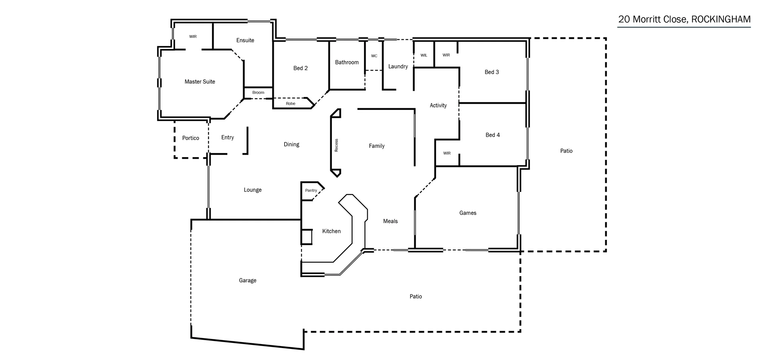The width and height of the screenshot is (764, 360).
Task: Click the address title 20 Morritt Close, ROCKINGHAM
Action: [x=684, y=19]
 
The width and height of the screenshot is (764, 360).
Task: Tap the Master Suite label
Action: [x=200, y=82]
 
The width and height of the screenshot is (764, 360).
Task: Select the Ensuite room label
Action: [x=245, y=40]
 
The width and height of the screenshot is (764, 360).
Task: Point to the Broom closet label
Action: [x=258, y=93]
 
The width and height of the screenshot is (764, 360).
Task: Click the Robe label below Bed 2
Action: [x=290, y=104]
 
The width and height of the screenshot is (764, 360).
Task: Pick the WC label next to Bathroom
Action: [x=374, y=56]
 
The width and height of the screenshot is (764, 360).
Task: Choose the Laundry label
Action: [x=398, y=66]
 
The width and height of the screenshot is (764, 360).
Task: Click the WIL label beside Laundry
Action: [x=424, y=55]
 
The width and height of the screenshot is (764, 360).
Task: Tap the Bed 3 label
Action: [x=491, y=72]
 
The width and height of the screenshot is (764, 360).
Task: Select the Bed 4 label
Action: [x=493, y=135]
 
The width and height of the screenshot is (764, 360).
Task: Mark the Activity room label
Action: [x=438, y=105]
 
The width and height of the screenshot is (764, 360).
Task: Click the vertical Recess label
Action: [x=336, y=145]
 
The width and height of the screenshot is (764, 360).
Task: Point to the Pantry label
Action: [x=311, y=191]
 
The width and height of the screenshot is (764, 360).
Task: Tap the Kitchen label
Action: [x=331, y=231]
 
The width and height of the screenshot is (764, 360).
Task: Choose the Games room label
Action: [x=468, y=213]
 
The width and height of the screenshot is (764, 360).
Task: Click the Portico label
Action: [x=191, y=138]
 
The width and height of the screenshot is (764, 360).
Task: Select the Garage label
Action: [x=248, y=280]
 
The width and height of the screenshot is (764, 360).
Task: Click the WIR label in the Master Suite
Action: [x=193, y=37]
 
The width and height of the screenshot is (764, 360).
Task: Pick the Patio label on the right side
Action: [x=566, y=151]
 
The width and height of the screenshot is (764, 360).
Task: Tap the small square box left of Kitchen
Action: [x=306, y=237]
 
